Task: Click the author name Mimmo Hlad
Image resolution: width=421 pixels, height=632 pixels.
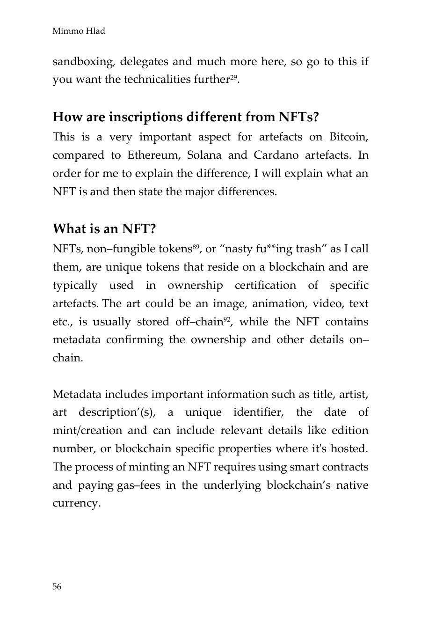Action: [x=79, y=31]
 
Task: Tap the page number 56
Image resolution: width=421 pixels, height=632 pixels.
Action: [x=57, y=587]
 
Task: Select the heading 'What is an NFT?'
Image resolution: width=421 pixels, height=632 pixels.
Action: [x=104, y=229]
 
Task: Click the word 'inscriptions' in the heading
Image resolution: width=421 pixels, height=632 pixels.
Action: [x=146, y=117]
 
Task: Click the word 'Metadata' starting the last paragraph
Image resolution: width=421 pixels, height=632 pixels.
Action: [x=77, y=394]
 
